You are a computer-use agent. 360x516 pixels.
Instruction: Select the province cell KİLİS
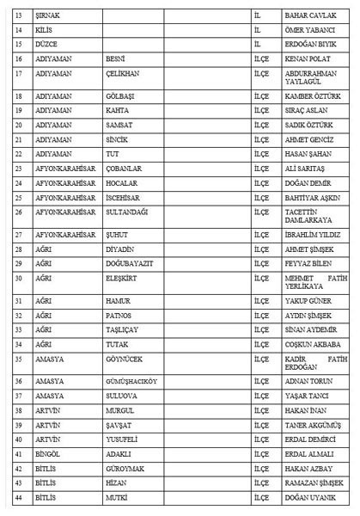point(46,31)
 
